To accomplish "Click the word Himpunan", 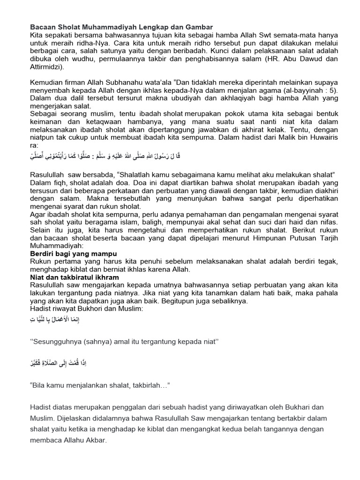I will point(243,238).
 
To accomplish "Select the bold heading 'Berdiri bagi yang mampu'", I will point(74,254).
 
